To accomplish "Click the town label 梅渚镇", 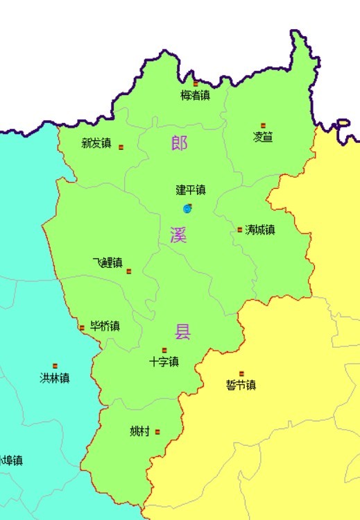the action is (x=195, y=96).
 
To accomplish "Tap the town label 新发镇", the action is (x=96, y=144).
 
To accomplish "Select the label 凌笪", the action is (x=263, y=137).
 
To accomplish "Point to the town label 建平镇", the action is (x=191, y=190).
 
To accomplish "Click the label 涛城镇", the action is (x=260, y=229).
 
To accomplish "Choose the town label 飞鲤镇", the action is (x=108, y=262).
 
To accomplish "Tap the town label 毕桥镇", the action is (x=105, y=326).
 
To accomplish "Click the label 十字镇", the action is (x=164, y=362).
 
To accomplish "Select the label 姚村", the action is (x=139, y=431).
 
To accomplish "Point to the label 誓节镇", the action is (x=241, y=385).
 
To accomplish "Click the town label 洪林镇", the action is (x=55, y=378).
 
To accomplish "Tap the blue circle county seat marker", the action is (x=187, y=208).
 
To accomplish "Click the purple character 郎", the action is (x=179, y=144).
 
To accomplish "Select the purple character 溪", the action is (x=178, y=235).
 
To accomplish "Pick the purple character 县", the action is (x=182, y=331).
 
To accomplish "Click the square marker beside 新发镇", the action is (x=121, y=147).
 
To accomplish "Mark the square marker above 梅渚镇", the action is (x=196, y=83).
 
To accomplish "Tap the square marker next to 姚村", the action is (x=158, y=432).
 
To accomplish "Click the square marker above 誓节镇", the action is (x=241, y=374).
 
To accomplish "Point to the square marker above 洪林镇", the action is (x=55, y=366).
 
